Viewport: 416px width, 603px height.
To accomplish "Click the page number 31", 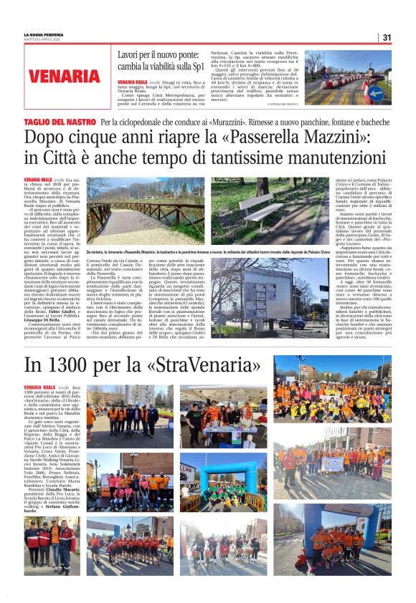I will pyautogui.click(x=387, y=37).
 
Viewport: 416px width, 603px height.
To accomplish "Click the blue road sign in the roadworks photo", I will pyautogui.click(x=374, y=92).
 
